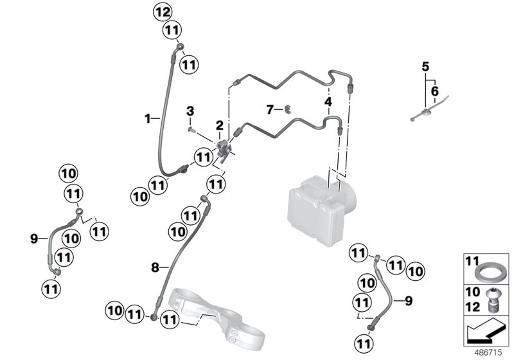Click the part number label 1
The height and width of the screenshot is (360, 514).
(147, 118)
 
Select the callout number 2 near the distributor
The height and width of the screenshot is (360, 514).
(220, 124)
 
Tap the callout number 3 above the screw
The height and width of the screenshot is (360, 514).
(190, 112)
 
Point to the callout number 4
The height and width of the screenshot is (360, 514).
(328, 102)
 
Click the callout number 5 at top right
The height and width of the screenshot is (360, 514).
(425, 66)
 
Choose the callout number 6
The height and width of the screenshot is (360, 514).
(435, 91)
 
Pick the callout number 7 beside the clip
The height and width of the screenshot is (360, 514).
(270, 109)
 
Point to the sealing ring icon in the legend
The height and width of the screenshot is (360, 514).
(491, 270)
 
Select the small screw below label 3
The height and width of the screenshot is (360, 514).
(191, 129)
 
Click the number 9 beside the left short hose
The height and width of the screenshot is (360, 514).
(34, 239)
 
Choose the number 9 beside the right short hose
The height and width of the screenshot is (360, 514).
(408, 299)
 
